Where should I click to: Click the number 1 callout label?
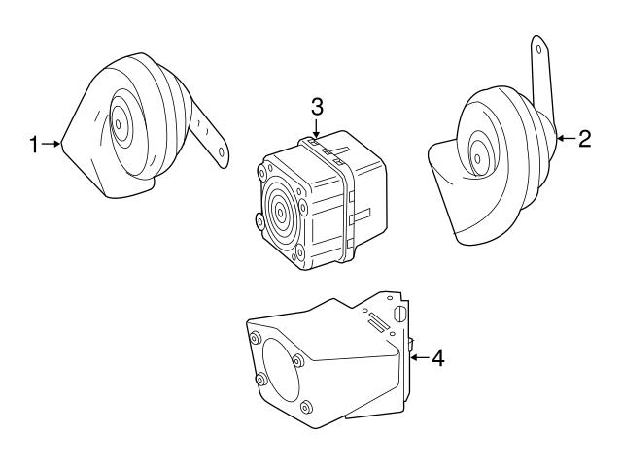(34, 145)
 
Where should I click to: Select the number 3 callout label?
(317, 105)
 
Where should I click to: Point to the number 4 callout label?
(438, 358)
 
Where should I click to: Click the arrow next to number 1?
(53, 145)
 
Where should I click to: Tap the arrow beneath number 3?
(317, 128)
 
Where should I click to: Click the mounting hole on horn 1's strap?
(223, 151)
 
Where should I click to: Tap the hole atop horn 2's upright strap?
(537, 45)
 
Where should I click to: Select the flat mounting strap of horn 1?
(208, 130)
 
